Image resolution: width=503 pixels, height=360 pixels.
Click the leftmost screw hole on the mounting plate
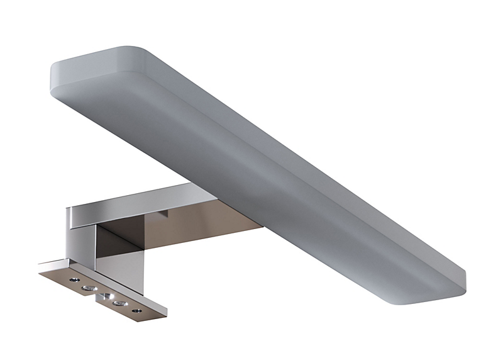[x=74, y=278]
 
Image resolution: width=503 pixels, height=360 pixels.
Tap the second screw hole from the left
[x=86, y=288]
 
